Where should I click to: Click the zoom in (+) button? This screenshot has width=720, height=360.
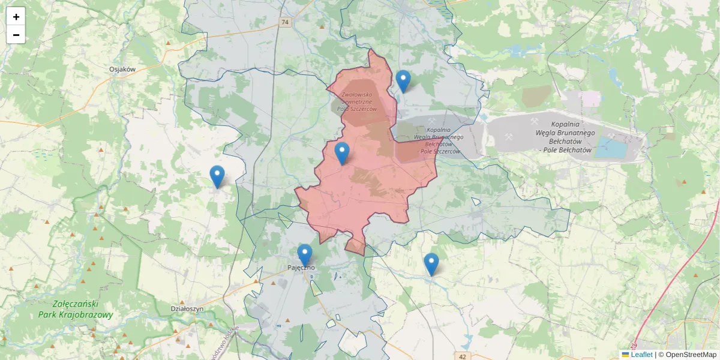click(x=16, y=17)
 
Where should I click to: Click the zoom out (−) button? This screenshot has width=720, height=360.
click(x=16, y=35)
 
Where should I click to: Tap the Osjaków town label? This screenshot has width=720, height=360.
click(x=122, y=69)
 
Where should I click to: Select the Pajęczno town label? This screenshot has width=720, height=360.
click(x=301, y=268)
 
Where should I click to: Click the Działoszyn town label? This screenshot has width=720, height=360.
click(x=187, y=308)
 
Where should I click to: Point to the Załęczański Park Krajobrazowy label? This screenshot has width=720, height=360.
click(x=74, y=310)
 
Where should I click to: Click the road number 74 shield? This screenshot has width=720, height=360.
click(x=285, y=22)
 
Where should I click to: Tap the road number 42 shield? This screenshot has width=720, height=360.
click(x=462, y=356)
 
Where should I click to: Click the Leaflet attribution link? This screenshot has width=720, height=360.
click(x=641, y=355)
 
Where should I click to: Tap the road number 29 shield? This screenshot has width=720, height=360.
click(x=634, y=347)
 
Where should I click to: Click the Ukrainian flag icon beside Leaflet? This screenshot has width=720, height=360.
click(x=625, y=355)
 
